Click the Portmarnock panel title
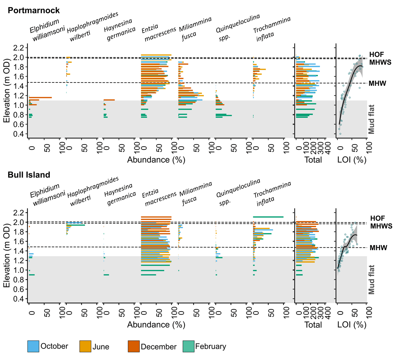pyautogui.click(x=34, y=11)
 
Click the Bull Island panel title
pyautogui.click(x=29, y=175)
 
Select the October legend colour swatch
pyautogui.click(x=33, y=346)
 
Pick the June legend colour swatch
pyautogui.click(x=85, y=346)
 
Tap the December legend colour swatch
pyautogui.click(x=133, y=346)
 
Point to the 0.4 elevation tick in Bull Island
pyautogui.click(x=20, y=299)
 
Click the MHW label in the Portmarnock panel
pyautogui.click(x=378, y=83)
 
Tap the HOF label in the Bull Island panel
pyautogui.click(x=377, y=219)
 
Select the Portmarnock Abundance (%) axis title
pyautogui.click(x=156, y=160)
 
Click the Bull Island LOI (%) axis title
pyautogui.click(x=352, y=325)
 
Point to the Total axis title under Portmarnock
pyautogui.click(x=313, y=160)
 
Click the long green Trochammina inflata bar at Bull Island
pyautogui.click(x=268, y=217)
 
